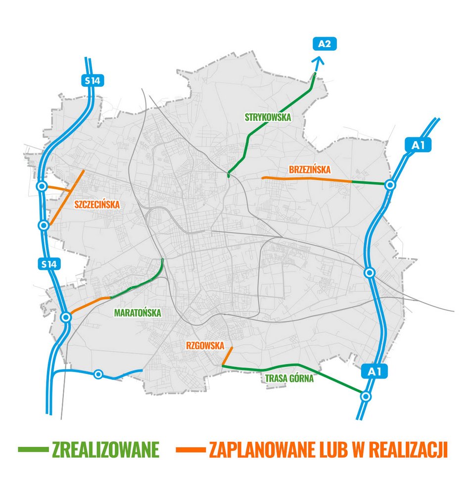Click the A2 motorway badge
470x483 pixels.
[x=325, y=44]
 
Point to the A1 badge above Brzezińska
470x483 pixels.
[x=418, y=145]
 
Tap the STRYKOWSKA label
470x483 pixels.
[x=268, y=117]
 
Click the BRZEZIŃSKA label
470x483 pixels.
[x=309, y=170]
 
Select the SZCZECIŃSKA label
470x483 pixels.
[x=97, y=204]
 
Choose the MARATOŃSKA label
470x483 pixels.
[x=138, y=313]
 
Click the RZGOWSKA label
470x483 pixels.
[x=205, y=346]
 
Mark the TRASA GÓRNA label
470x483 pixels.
[x=289, y=379]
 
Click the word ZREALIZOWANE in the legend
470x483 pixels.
[x=106, y=450]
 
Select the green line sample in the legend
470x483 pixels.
[x=33, y=450]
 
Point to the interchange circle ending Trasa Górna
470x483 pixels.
[x=366, y=396]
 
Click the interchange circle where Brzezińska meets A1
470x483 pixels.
[x=390, y=185]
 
